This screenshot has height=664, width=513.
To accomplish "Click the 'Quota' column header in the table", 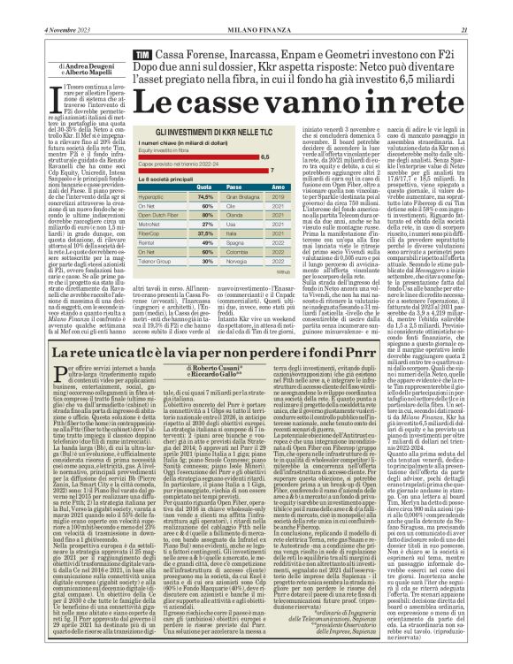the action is (x=204, y=187).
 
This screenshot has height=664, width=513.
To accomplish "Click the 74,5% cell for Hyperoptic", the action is (x=204, y=196).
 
